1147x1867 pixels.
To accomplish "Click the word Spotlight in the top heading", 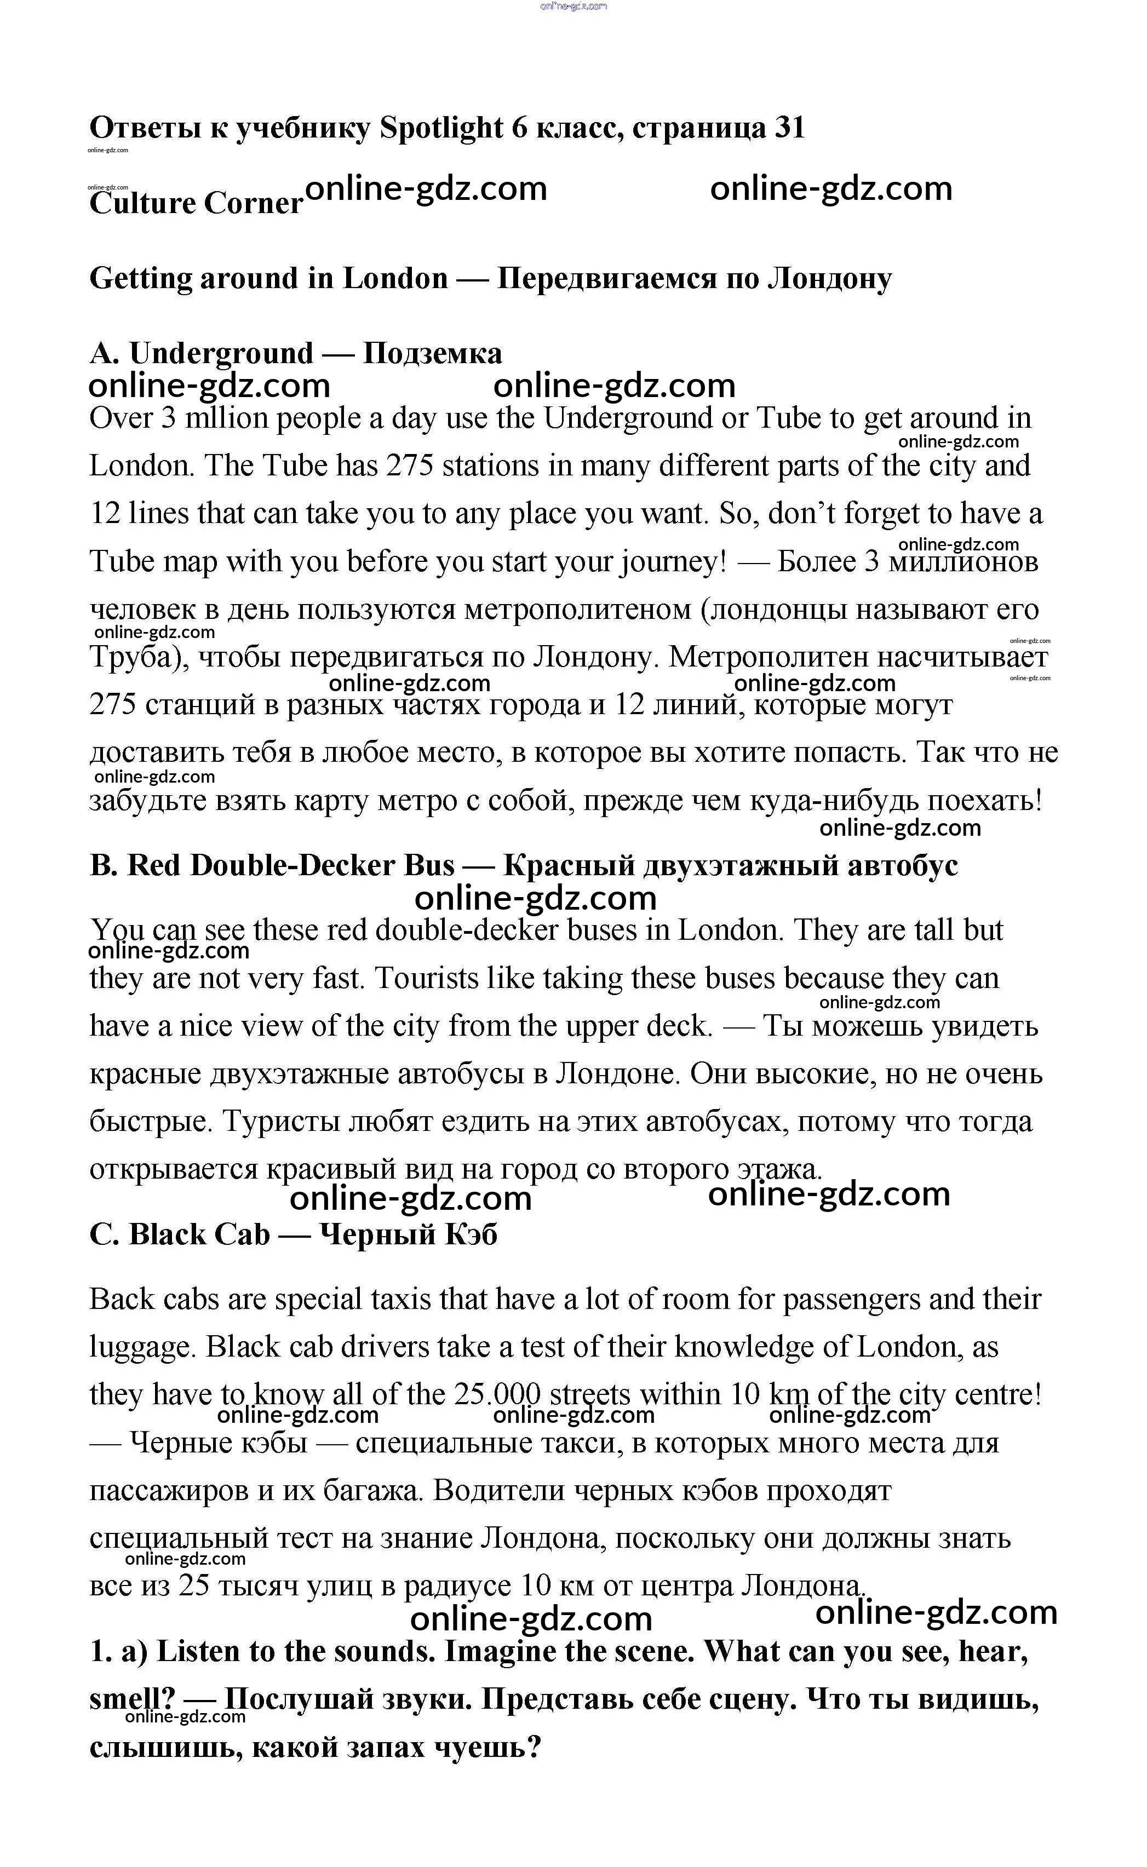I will click(x=441, y=128).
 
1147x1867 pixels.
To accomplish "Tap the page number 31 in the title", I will click(x=789, y=128).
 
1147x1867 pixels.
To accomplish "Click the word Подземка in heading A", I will click(x=432, y=353).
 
